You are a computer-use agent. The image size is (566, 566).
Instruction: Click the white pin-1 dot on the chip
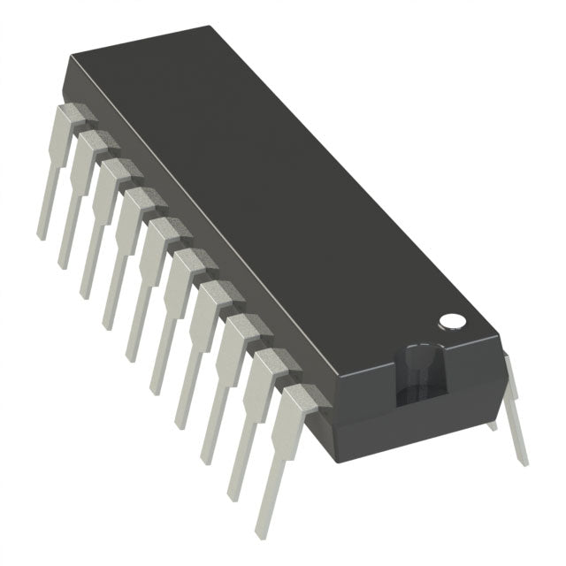click(452, 319)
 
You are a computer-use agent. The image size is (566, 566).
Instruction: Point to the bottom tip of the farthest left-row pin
click(41, 235)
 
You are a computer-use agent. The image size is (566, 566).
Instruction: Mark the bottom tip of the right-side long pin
click(524, 460)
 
